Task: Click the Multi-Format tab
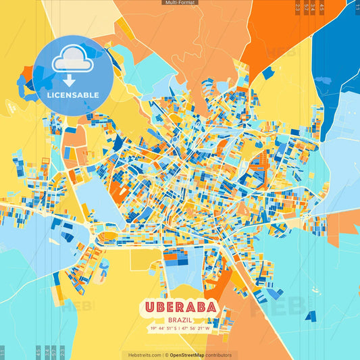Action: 180,3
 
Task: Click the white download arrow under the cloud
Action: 70,81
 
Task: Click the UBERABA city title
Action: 180,308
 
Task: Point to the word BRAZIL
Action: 180,319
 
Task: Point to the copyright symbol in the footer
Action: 166,355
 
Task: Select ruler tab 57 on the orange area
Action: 306,7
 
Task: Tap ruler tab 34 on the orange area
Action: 313,7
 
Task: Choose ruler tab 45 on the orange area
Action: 322,7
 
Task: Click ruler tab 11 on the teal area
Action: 3,353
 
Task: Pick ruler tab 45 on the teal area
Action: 38,351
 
